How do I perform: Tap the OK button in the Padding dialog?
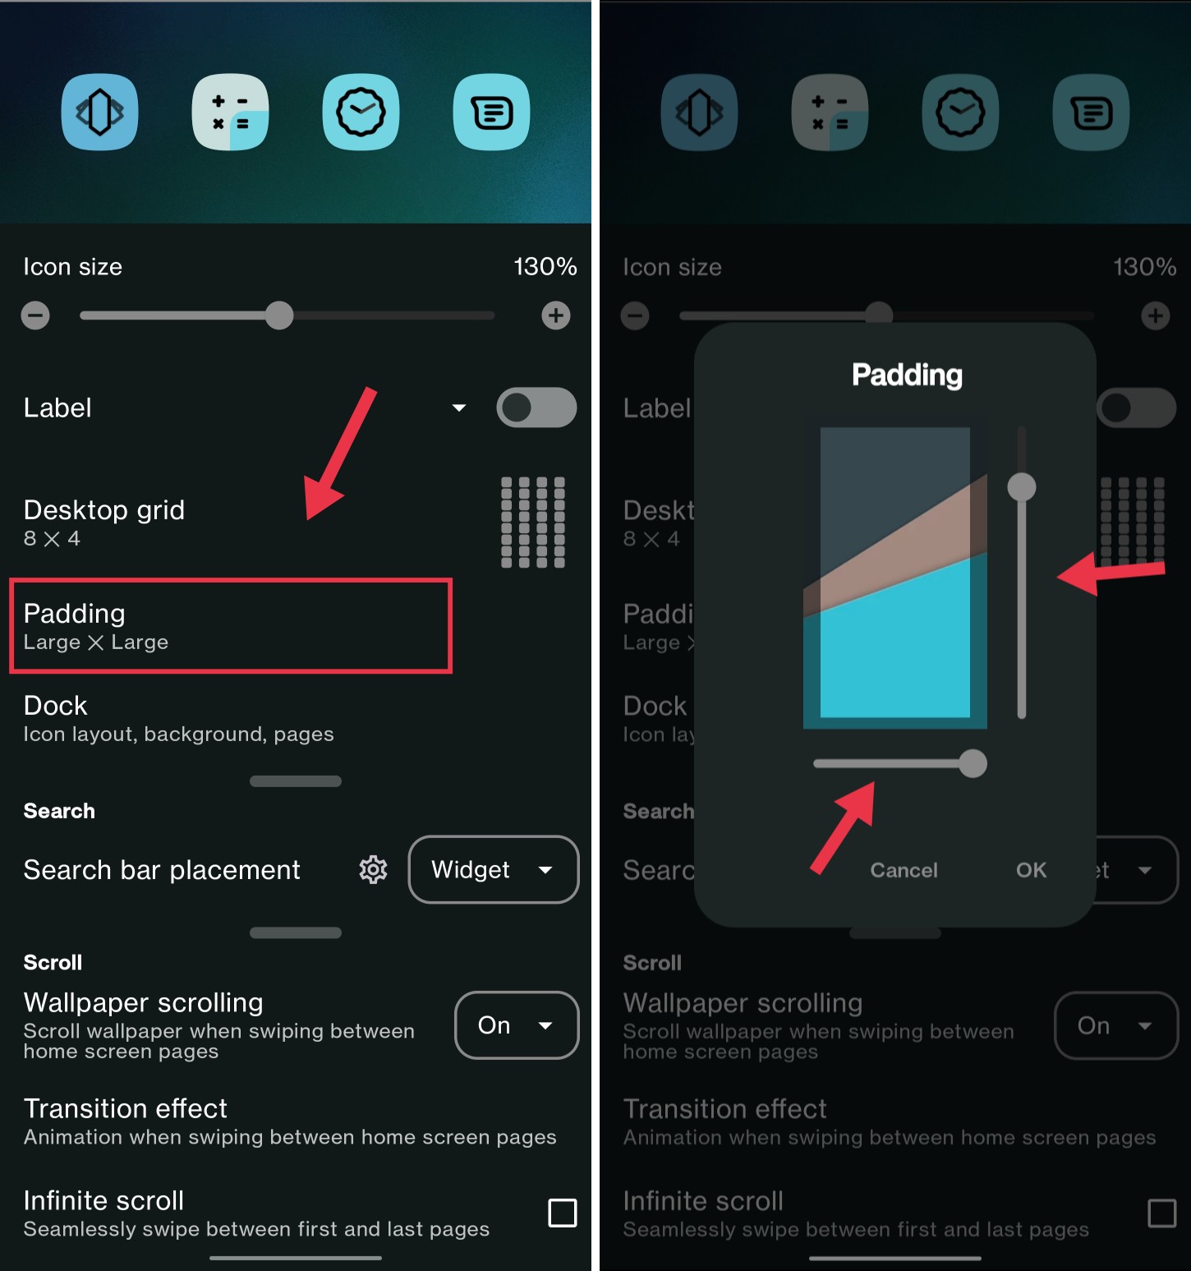[1031, 870]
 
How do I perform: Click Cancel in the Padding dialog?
[904, 870]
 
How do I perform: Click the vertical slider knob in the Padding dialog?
[1022, 487]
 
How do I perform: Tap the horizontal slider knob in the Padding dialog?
[973, 763]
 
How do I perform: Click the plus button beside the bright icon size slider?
[556, 315]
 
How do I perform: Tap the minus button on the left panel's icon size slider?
[35, 315]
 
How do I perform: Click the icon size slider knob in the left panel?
[279, 315]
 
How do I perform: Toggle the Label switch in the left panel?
[536, 408]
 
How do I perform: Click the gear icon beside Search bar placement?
[373, 869]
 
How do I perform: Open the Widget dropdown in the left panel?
[493, 869]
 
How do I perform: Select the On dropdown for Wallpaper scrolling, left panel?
[516, 1025]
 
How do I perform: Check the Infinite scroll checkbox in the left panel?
[563, 1213]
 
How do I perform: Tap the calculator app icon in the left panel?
[230, 113]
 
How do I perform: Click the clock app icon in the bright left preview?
[361, 113]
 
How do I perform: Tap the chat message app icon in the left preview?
[491, 113]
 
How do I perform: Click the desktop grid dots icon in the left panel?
[533, 523]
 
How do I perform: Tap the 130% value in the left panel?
[545, 266]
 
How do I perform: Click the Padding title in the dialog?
[907, 375]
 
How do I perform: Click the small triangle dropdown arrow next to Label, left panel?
[459, 408]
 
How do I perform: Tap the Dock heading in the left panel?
[56, 706]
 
